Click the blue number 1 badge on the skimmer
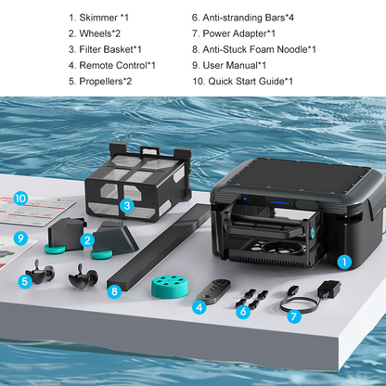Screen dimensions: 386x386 344,263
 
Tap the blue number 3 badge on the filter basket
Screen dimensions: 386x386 126,205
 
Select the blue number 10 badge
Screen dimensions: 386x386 21,199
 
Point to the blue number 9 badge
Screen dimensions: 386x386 20,238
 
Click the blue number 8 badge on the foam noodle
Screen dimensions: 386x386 114,291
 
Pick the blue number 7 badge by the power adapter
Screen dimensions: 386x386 294,316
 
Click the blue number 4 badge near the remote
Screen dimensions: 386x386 199,306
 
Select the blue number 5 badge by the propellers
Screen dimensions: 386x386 26,281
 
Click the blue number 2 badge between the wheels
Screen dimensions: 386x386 86,241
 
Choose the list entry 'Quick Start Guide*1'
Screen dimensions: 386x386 242,82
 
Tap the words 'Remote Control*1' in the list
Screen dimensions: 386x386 111,66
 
